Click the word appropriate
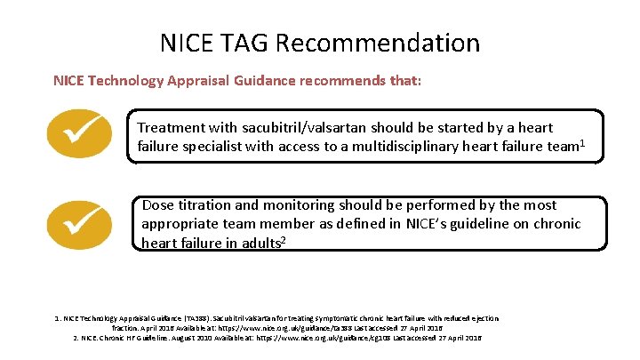click(182, 224)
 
